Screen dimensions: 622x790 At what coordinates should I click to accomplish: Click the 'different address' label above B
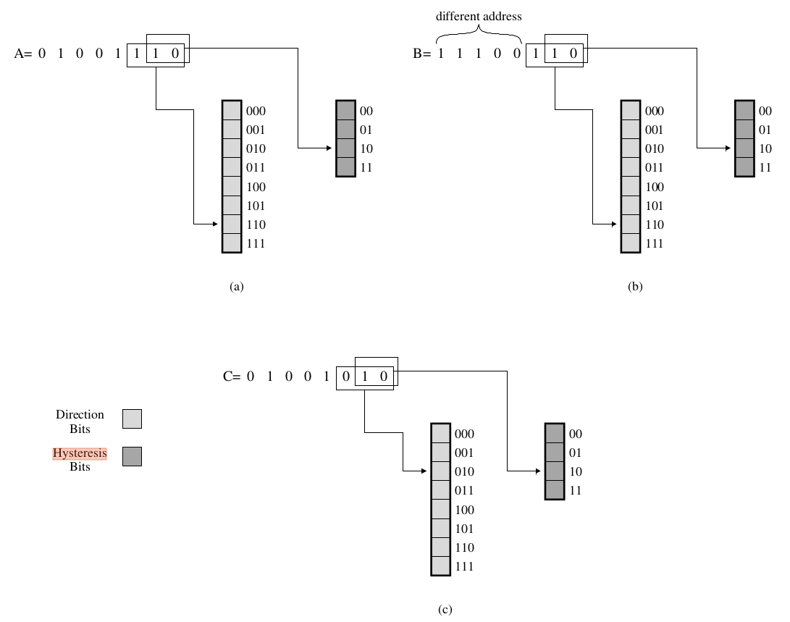478,16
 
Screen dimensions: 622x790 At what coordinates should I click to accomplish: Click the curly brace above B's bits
479,33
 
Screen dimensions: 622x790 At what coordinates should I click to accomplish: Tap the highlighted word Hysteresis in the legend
80,453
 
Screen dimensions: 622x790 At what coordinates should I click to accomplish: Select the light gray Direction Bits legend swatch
132,419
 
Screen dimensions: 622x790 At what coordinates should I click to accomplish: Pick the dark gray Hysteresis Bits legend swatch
132,456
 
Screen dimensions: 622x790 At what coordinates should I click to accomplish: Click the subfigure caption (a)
236,287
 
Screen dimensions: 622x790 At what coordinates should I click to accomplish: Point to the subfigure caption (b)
635,287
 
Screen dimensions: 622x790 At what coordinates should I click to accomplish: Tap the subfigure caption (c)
445,610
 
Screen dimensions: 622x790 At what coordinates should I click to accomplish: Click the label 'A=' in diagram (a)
22,53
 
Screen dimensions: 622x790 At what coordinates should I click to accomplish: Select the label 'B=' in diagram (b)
421,53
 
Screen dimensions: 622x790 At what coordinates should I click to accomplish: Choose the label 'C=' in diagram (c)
231,377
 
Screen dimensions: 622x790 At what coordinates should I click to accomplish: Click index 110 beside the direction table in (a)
256,224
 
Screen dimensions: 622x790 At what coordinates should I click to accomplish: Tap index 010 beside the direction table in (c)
464,471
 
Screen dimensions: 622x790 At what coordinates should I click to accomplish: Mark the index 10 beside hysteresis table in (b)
765,148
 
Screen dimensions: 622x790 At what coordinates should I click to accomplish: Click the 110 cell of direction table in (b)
631,224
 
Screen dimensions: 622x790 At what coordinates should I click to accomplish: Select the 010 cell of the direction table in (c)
440,471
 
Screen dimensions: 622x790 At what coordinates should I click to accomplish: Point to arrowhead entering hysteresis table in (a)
329,148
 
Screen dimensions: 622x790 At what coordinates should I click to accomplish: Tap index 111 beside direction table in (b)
655,243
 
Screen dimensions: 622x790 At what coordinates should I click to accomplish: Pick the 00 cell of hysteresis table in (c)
554,434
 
